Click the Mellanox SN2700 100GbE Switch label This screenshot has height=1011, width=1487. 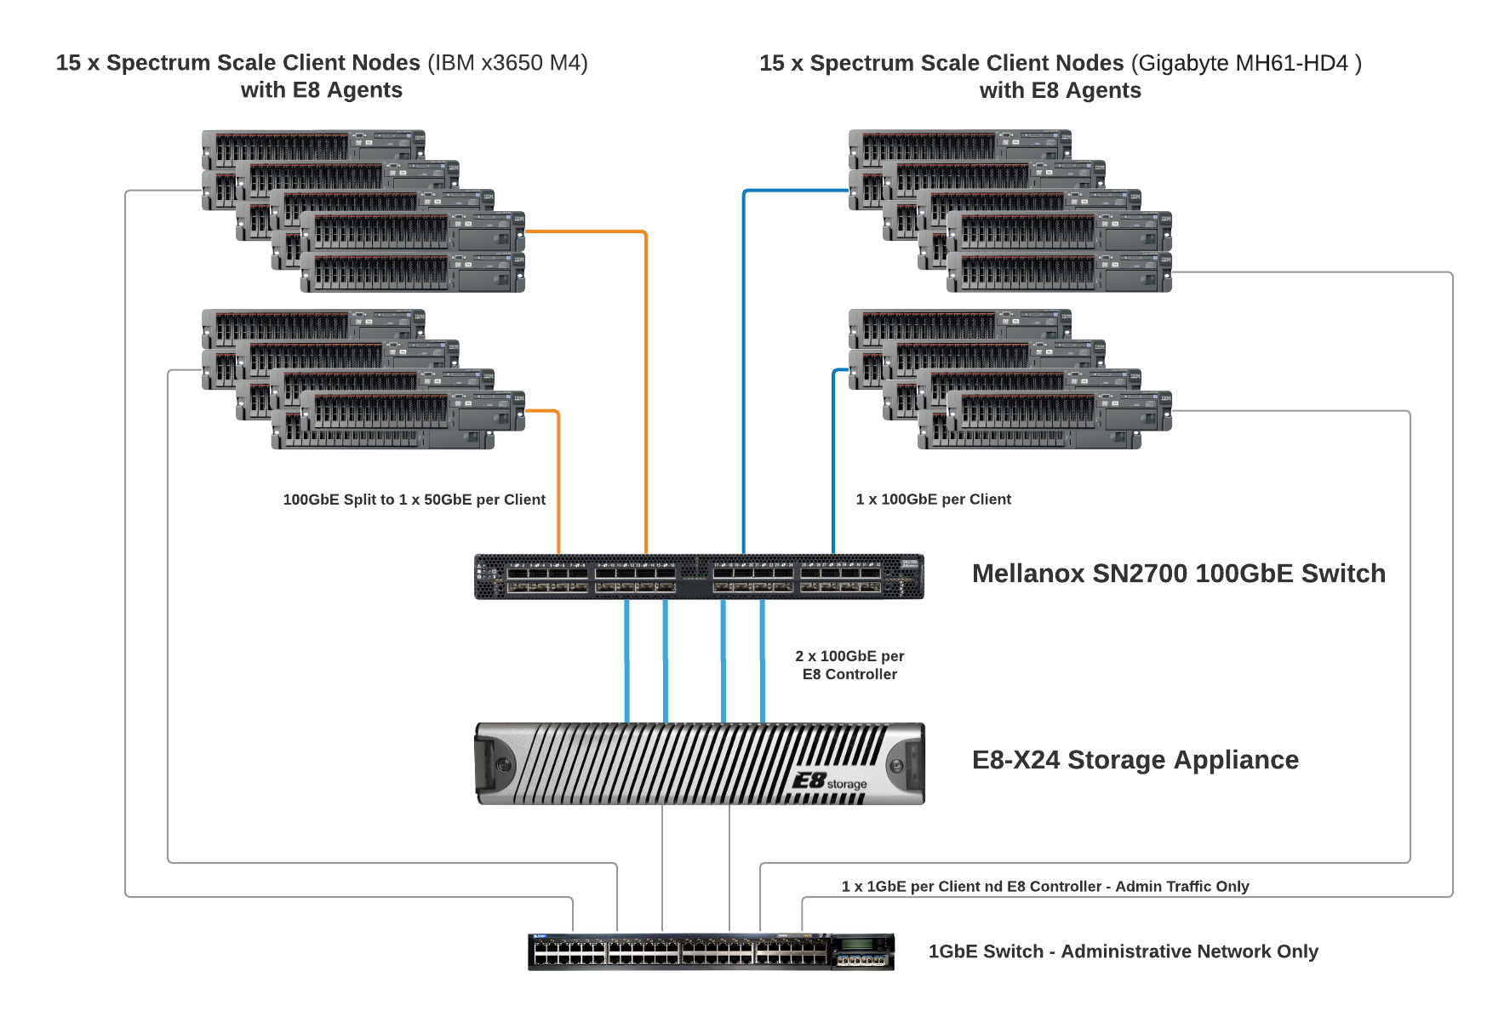click(1178, 574)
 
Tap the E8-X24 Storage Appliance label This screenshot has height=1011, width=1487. click(1135, 760)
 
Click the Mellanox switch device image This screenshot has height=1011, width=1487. click(698, 577)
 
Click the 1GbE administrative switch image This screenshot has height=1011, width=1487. click(711, 951)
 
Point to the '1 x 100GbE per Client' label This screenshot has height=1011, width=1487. click(933, 500)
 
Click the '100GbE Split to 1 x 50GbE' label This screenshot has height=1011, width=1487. click(414, 500)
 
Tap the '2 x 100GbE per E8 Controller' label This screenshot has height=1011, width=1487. click(849, 665)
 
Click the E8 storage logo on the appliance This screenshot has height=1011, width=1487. click(828, 781)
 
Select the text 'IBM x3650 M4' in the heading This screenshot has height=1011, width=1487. click(507, 63)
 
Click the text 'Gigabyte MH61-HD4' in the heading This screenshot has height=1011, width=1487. click(1243, 63)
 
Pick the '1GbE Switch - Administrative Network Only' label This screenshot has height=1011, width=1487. click(1123, 951)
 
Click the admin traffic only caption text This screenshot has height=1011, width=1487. click(1044, 887)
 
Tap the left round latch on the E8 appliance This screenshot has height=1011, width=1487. click(502, 764)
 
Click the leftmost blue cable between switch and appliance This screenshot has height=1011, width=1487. click(627, 661)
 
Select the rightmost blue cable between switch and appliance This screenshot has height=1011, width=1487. click(763, 661)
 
